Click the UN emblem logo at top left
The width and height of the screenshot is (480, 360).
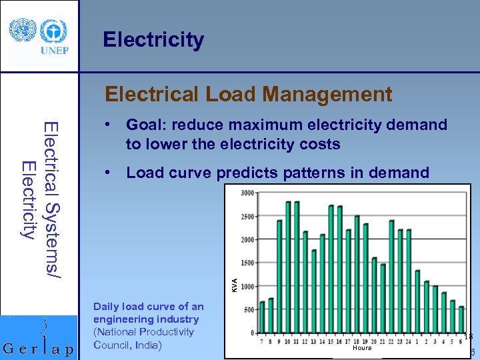click(19, 30)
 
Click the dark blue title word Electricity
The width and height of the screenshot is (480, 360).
click(153, 40)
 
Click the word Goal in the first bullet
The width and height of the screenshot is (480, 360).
click(144, 125)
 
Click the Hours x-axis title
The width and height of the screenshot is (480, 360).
click(362, 347)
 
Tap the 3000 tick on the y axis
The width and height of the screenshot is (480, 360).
click(247, 193)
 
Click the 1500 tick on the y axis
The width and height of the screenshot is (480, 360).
click(247, 263)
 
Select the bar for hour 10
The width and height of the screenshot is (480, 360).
click(288, 267)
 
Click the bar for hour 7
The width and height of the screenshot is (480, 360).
click(262, 317)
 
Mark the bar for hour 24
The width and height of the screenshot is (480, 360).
click(409, 281)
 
